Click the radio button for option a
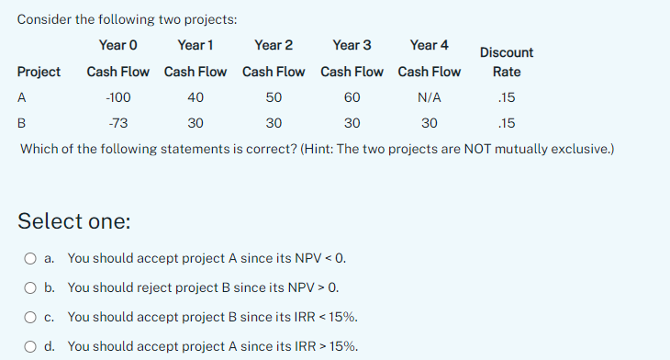[31, 259]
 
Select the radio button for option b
[31, 288]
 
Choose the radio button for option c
[31, 318]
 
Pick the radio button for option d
[31, 347]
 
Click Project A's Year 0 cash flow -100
[118, 97]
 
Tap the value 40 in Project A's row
[195, 97]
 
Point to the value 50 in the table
[274, 97]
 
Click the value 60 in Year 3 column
[352, 97]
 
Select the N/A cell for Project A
[430, 97]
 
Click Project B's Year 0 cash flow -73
[118, 123]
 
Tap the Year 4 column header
[430, 45]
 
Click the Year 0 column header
[118, 45]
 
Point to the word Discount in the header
[507, 53]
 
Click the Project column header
[39, 72]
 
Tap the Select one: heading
[74, 221]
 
